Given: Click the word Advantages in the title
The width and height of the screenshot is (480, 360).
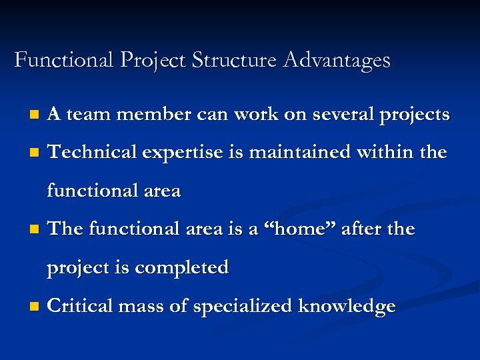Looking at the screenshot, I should pyautogui.click(x=337, y=61).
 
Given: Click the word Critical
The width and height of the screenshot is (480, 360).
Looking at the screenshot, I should pyautogui.click(x=81, y=306).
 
